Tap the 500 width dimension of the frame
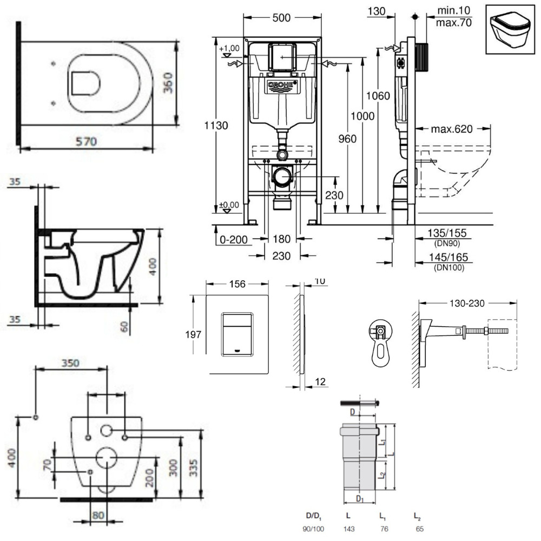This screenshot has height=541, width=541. pyautogui.click(x=281, y=18)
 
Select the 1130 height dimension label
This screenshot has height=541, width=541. pyautogui.click(x=216, y=126)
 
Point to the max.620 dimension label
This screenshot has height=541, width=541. pyautogui.click(x=452, y=129)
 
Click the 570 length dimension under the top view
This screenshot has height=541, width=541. pyautogui.click(x=86, y=141)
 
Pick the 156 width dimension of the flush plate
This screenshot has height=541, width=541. pyautogui.click(x=237, y=284)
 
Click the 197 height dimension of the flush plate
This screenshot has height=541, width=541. pyautogui.click(x=193, y=334)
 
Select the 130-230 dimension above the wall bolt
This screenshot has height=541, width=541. pyautogui.click(x=467, y=304)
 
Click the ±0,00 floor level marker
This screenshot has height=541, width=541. pyautogui.click(x=229, y=205)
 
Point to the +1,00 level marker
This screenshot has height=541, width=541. pyautogui.click(x=229, y=48)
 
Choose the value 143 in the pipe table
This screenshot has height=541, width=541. pyautogui.click(x=349, y=529)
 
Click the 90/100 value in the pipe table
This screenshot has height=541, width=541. pyautogui.click(x=313, y=529)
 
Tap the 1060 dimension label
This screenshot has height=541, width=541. pyautogui.click(x=378, y=96)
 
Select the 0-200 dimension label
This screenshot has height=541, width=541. pyautogui.click(x=234, y=239)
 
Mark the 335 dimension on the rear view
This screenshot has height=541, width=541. pyautogui.click(x=194, y=468)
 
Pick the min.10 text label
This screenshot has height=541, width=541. pyautogui.click(x=454, y=10)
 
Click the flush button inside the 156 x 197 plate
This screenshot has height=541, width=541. pyautogui.click(x=237, y=334)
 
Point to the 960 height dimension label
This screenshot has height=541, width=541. pyautogui.click(x=347, y=138)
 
